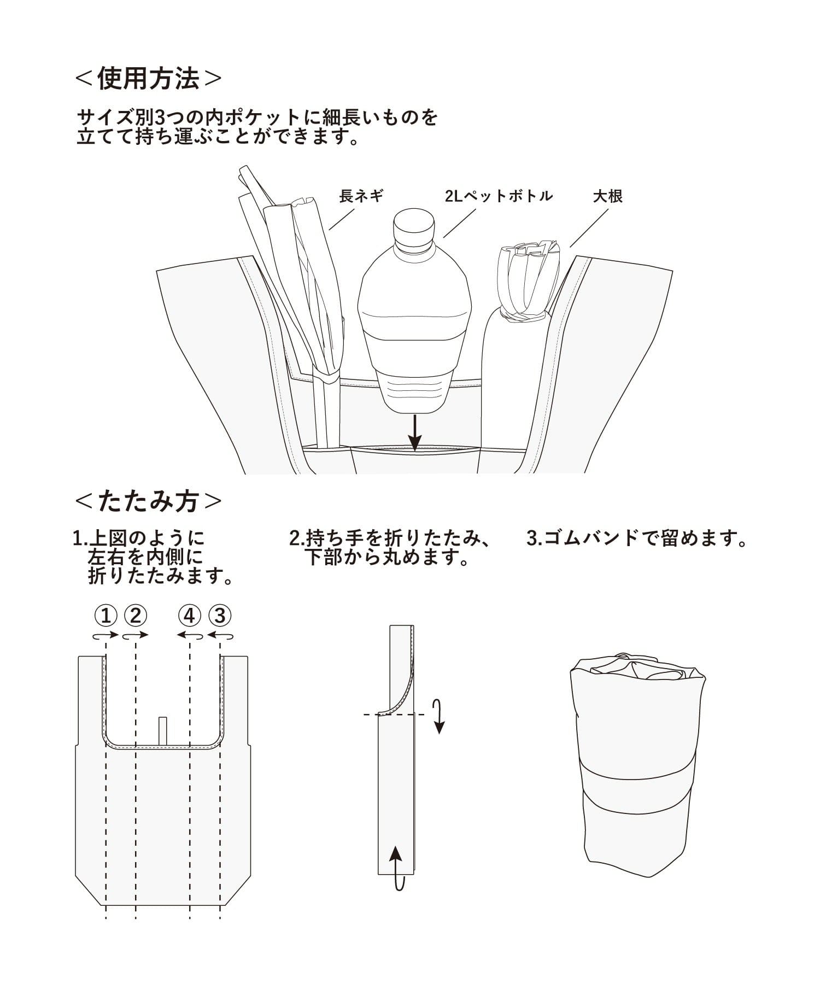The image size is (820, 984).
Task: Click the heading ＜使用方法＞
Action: coord(148,79)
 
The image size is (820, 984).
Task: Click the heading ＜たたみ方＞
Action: coord(148,501)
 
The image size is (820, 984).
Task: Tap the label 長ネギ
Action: coord(361,196)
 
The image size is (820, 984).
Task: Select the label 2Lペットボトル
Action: coord(499,196)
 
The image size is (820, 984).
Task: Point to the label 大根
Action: coord(608,196)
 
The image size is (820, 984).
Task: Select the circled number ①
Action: coord(106,616)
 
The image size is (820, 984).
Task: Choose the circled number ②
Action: coord(136,616)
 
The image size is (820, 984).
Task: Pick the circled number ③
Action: coord(220,616)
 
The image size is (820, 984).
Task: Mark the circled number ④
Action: coord(190,616)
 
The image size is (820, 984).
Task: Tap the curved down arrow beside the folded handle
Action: coord(437,716)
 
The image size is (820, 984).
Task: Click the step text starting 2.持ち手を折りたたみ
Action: coord(389,548)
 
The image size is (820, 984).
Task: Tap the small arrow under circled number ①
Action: coord(106,635)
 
